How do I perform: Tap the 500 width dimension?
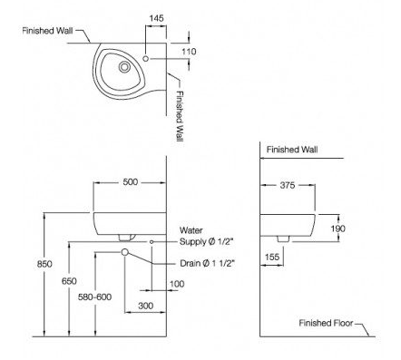[131, 182]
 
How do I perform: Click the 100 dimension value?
[176, 285]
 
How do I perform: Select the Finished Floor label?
[328, 323]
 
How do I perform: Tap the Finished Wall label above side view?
[292, 148]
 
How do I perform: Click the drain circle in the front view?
[125, 252]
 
